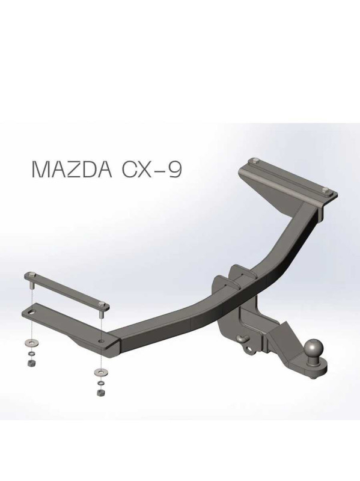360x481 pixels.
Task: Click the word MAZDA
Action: (72, 170)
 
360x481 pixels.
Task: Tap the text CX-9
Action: (152, 170)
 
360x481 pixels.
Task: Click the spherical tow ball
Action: (313, 349)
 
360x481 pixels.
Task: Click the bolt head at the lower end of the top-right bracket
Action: (326, 190)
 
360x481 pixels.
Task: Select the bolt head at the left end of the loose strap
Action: (32, 274)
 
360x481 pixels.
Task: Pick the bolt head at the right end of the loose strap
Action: (101, 304)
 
